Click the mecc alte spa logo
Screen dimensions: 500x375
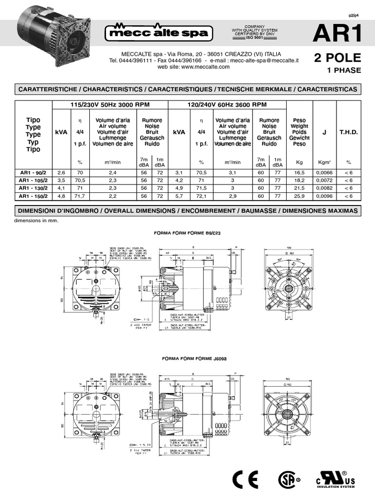[x=160, y=33]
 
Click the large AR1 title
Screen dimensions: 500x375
[x=337, y=34]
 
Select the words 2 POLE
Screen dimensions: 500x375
[x=338, y=58]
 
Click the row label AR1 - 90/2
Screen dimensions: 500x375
[x=31, y=173]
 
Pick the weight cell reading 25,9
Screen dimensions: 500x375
[x=299, y=196]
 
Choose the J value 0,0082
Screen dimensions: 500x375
[x=324, y=188]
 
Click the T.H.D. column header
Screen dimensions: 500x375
[x=349, y=132]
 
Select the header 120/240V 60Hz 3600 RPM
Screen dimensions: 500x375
[x=227, y=104]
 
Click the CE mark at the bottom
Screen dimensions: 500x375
[x=244, y=480]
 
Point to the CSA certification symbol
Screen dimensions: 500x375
[x=287, y=480]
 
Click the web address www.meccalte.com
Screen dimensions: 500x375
[x=193, y=67]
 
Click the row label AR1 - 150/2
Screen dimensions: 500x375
[x=31, y=196]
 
